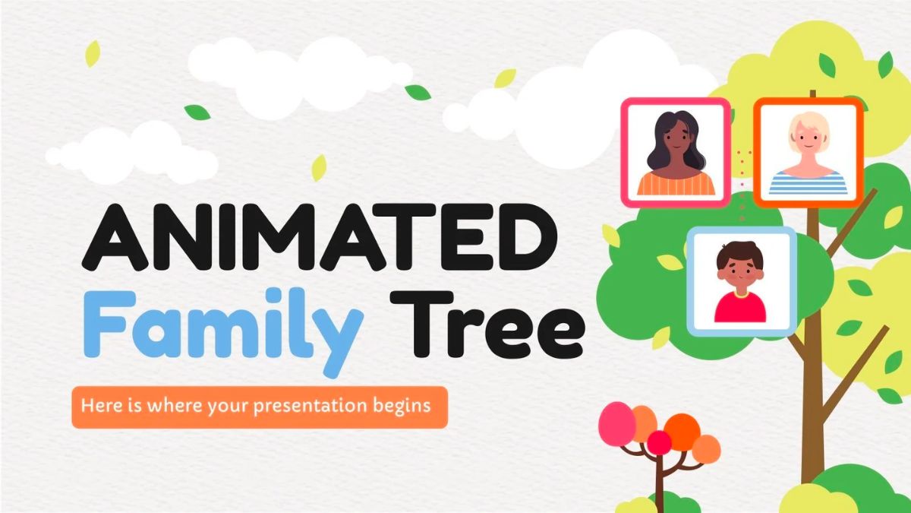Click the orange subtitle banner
(x=260, y=407)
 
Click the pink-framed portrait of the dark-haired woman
(x=676, y=153)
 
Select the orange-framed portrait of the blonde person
(x=809, y=152)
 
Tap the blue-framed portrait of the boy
(x=741, y=281)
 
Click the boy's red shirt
(x=740, y=308)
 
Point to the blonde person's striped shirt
(x=808, y=183)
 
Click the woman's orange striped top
(x=676, y=184)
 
